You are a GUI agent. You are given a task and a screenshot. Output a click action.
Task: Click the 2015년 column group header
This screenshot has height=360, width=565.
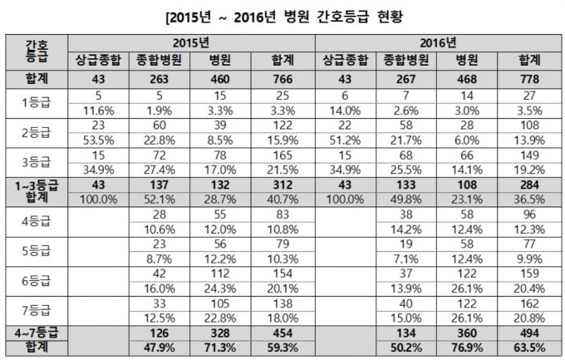(x=191, y=41)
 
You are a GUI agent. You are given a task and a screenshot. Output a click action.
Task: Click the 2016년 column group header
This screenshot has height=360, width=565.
(x=435, y=41)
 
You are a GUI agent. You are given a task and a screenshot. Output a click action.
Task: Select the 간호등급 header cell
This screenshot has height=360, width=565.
(x=35, y=50)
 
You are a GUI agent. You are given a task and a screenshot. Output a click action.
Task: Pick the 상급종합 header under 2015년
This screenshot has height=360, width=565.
(x=99, y=60)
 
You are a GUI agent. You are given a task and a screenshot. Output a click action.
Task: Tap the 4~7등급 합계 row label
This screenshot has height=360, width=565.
(x=35, y=340)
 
